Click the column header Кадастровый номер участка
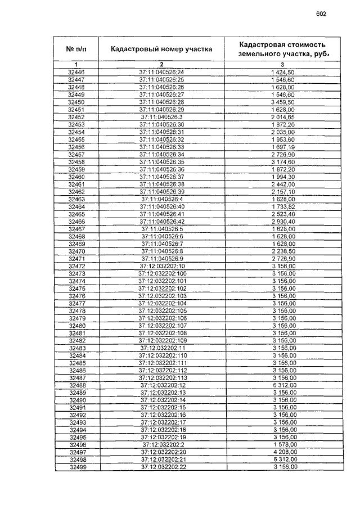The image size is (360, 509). coord(161,49)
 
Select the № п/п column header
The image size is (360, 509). coord(76,49)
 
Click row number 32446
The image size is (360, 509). coord(76,73)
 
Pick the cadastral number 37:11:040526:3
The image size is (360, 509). coord(161,117)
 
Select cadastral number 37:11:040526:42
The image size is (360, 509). coord(161,221)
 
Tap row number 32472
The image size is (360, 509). coord(76,265)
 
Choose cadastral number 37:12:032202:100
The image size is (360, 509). coord(161,273)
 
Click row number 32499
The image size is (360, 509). coord(76,467)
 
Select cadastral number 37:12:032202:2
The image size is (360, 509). coord(161,444)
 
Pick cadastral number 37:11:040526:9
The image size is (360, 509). coord(161,258)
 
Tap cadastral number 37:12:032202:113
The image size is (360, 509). coord(161,377)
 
